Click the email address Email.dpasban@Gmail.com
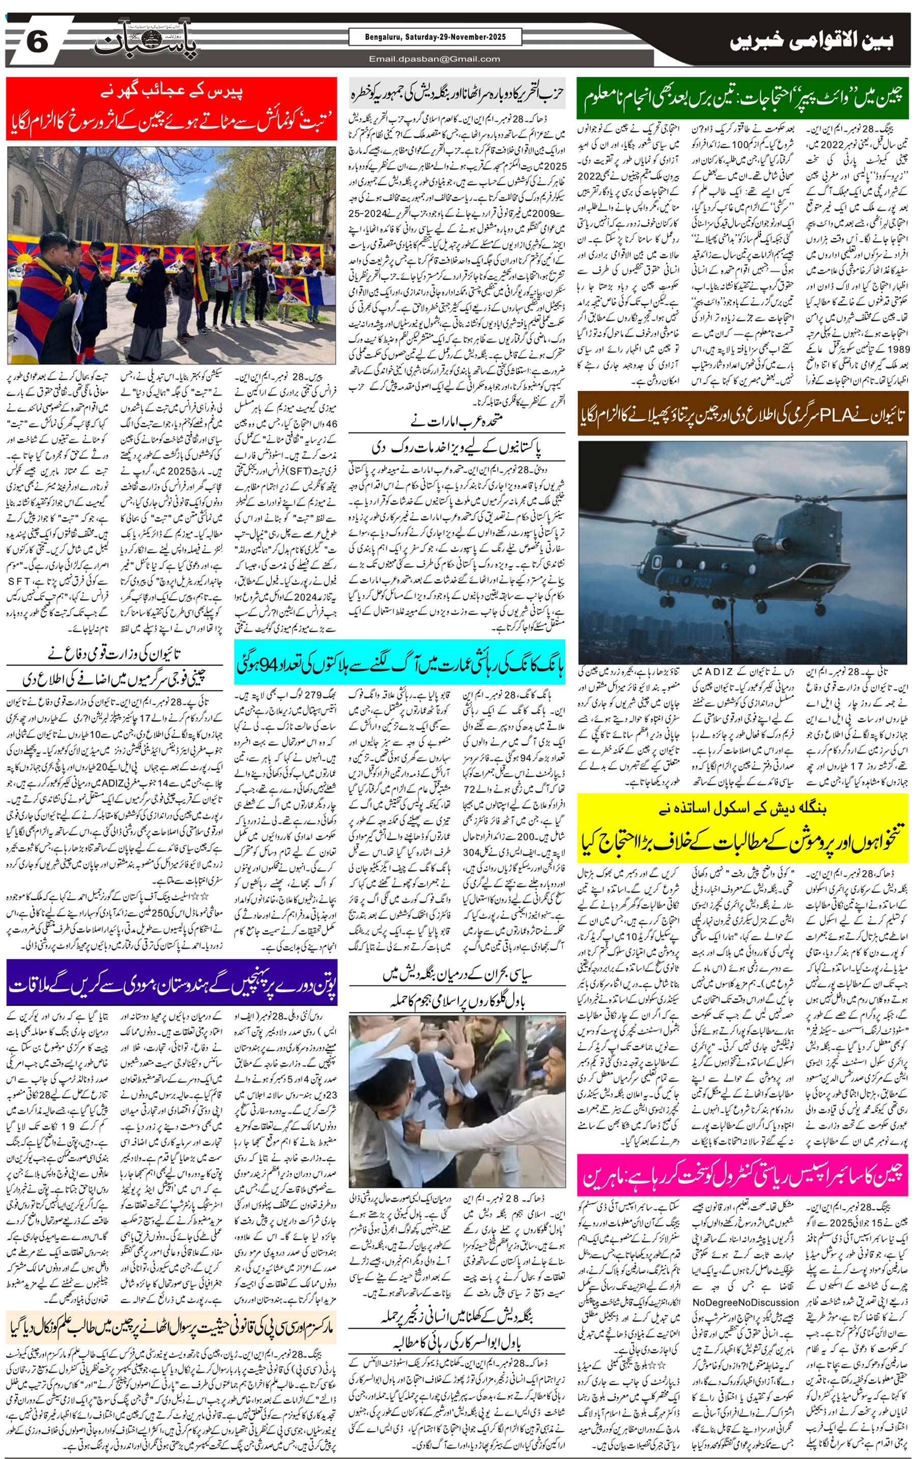[x=435, y=59]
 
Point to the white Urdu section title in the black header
[x=812, y=41]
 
